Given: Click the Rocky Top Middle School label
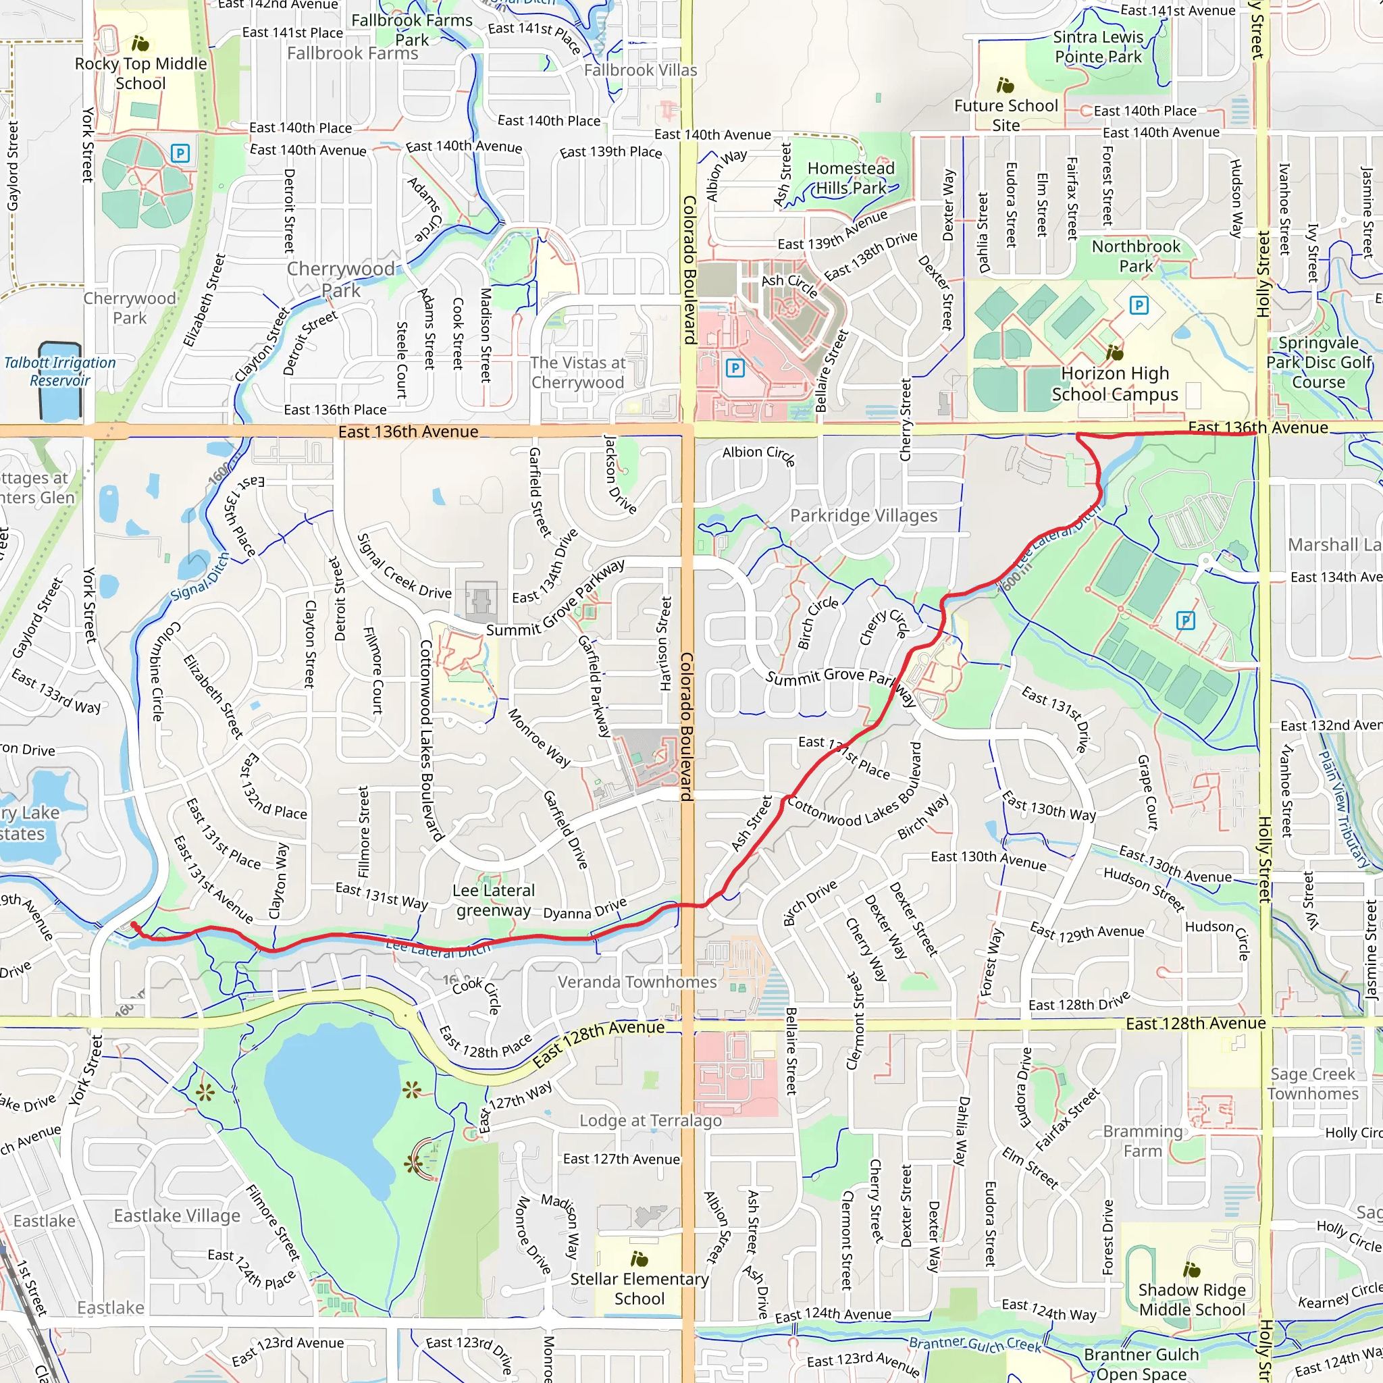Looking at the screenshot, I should click(141, 73).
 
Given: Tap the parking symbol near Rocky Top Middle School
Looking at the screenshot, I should click(180, 153).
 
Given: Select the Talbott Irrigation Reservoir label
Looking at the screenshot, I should click(60, 371).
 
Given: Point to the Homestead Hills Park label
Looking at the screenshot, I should click(850, 178).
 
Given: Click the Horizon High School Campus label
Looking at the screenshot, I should click(1114, 384).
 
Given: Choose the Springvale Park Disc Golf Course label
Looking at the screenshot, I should click(1319, 362).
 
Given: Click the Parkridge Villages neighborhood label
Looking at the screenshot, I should click(863, 515).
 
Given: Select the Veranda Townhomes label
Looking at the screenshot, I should click(637, 982).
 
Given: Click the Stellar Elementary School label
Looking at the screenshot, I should click(640, 1288).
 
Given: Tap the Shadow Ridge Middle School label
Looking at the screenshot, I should click(1192, 1299).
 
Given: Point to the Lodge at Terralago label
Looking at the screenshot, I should click(650, 1120).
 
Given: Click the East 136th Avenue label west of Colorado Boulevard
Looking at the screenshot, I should click(408, 432).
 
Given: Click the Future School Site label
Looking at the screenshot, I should click(1006, 115).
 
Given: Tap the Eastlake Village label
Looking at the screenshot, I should click(177, 1216).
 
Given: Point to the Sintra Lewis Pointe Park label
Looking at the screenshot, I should click(1098, 47).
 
